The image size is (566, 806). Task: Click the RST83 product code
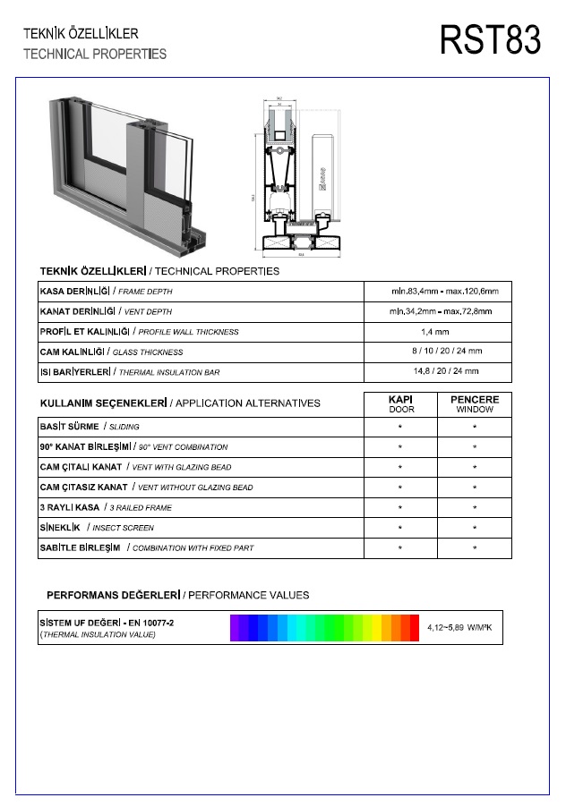[490, 40]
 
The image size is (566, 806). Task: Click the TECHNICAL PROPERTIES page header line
[95, 54]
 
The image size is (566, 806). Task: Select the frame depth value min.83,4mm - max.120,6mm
[444, 292]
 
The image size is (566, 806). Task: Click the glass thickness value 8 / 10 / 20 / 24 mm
[446, 352]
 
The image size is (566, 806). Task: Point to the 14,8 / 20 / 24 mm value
[445, 371]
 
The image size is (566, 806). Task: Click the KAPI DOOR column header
[400, 403]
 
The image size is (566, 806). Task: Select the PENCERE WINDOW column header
[474, 403]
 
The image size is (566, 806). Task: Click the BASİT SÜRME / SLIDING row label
[90, 427]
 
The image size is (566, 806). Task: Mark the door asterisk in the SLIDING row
[400, 428]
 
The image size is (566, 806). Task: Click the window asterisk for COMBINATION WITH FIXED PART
[474, 547]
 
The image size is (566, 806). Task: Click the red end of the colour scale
[414, 628]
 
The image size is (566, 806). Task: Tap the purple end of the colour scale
[236, 628]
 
